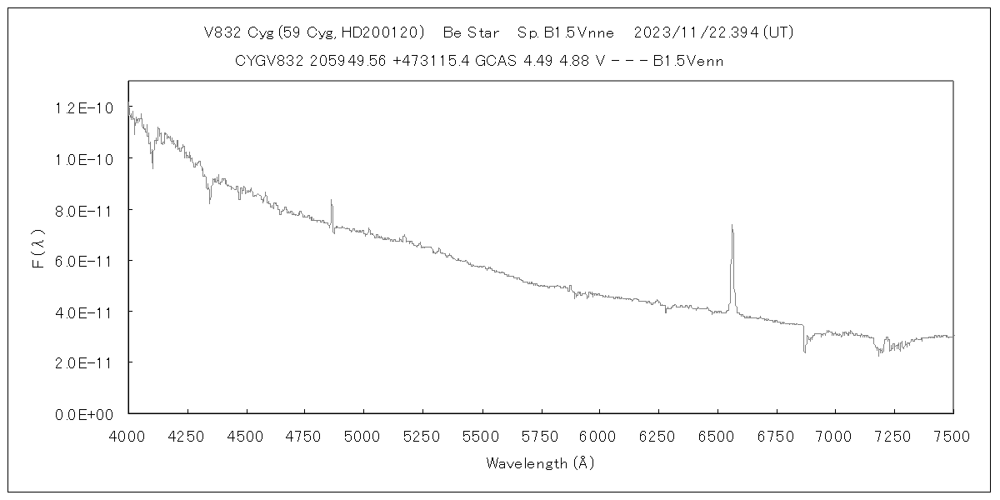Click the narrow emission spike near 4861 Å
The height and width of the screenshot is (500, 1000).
pyautogui.click(x=332, y=201)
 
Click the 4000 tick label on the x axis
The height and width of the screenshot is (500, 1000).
pyautogui.click(x=128, y=435)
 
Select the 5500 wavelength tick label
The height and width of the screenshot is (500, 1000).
pyautogui.click(x=482, y=435)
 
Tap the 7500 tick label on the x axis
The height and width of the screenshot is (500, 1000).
pyautogui.click(x=952, y=435)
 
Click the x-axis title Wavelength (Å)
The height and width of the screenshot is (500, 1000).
pyautogui.click(x=540, y=462)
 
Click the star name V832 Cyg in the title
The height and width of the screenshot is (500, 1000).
pyautogui.click(x=234, y=33)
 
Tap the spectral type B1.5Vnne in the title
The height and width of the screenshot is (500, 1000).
pyautogui.click(x=577, y=33)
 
